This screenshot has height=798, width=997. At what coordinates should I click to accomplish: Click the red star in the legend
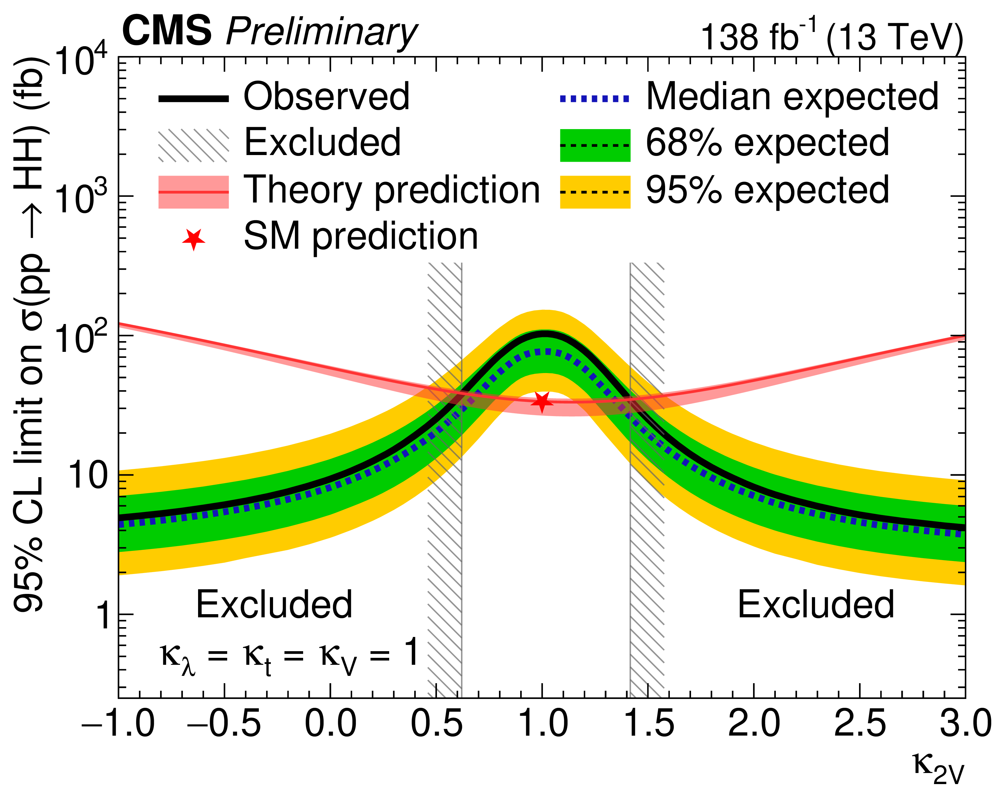tap(194, 239)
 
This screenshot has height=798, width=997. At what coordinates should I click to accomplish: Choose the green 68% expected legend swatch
tap(595, 145)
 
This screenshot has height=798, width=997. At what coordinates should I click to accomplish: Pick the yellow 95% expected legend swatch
tap(595, 192)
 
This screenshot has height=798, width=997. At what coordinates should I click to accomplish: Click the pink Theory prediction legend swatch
tap(194, 192)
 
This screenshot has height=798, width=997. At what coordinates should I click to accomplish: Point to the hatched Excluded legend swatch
tap(194, 145)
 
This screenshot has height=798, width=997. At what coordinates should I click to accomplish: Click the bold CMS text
tap(167, 31)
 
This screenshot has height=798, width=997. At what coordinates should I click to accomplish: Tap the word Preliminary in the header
tap(321, 32)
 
